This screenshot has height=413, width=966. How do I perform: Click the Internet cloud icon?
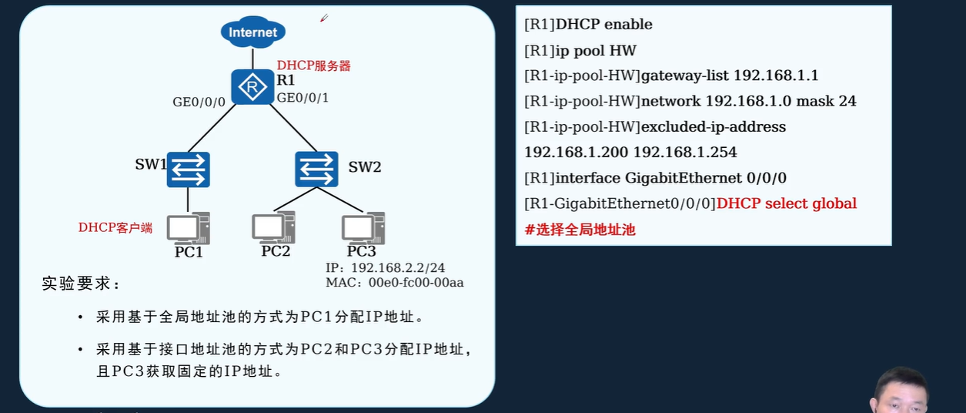click(252, 32)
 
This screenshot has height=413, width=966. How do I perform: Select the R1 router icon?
click(252, 87)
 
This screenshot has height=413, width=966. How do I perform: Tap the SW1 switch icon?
click(189, 170)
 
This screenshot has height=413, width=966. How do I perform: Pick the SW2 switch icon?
click(316, 169)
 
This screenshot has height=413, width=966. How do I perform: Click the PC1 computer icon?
click(189, 228)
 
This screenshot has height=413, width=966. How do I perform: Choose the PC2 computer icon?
click(274, 227)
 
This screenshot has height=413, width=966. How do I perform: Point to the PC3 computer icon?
click(363, 227)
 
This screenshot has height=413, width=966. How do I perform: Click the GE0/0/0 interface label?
click(199, 102)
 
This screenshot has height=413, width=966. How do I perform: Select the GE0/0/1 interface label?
click(303, 98)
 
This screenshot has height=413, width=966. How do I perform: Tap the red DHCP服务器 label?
click(314, 66)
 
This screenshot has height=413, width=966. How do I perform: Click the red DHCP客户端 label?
click(115, 227)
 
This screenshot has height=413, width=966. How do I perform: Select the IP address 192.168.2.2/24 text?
click(398, 268)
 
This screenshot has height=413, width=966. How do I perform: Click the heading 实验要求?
click(81, 284)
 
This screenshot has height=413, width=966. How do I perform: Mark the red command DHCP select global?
click(786, 203)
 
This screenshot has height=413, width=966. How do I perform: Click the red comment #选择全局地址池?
click(580, 229)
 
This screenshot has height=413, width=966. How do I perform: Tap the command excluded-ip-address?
click(714, 126)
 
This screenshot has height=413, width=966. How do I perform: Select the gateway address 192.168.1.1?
click(776, 76)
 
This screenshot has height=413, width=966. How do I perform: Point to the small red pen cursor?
click(324, 18)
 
